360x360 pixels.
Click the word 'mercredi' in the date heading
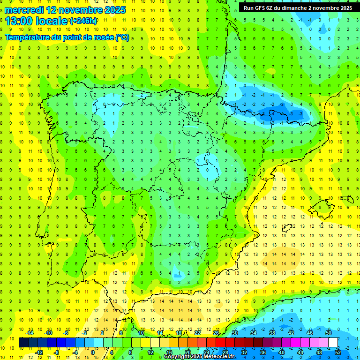point(24,10)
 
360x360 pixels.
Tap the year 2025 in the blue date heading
point(114,10)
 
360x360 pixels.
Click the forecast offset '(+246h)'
point(83,21)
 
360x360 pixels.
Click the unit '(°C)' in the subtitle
point(122,37)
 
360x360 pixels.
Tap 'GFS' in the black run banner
point(265,8)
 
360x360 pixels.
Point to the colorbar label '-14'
point(30,332)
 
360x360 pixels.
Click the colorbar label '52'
point(338,352)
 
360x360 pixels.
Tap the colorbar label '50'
point(328,332)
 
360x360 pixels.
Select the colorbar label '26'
point(216,332)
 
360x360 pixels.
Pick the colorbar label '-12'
point(39,352)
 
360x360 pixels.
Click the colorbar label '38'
point(272,332)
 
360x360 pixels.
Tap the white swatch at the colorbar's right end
point(333,342)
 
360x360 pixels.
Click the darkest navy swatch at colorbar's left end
point(23,342)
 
